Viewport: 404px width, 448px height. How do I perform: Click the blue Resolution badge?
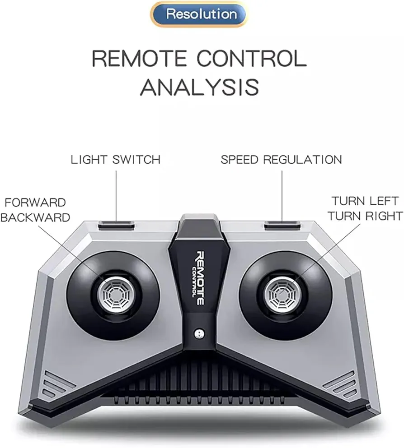coord(198,14)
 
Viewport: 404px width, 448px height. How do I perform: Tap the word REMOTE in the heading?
coord(139,58)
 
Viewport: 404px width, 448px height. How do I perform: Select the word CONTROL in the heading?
coord(252,58)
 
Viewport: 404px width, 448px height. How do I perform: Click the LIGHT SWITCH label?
coord(116,160)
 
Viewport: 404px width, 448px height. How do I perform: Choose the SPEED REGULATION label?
coord(281,160)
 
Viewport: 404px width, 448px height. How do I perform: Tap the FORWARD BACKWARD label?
coord(35,210)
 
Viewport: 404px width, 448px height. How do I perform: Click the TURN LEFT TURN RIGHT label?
coord(365,208)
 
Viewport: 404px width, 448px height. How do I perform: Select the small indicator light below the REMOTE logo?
coord(199,333)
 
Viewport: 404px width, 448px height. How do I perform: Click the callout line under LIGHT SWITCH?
coord(116,196)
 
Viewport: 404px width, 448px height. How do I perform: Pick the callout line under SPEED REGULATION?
coord(282,196)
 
